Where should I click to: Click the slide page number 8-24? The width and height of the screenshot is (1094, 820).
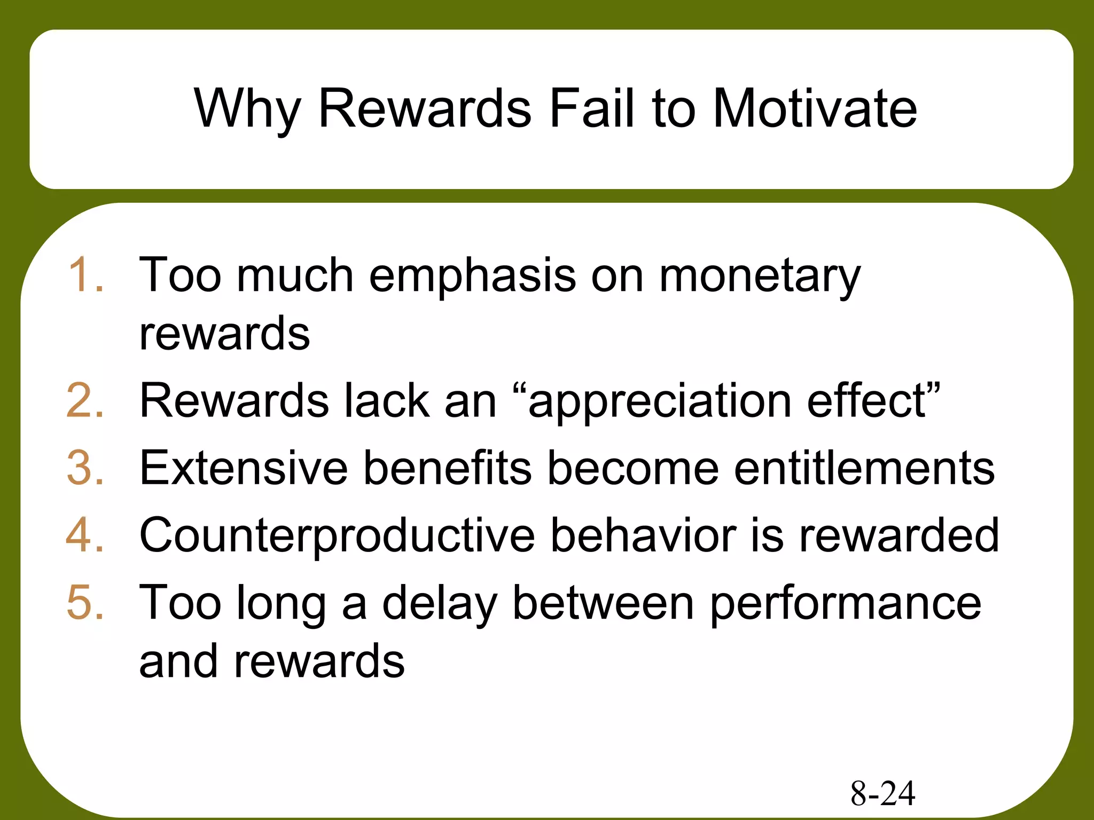882,793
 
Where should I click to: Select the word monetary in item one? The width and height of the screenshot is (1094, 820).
760,277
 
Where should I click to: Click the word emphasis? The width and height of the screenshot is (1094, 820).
472,277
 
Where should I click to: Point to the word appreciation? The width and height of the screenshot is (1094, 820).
660,402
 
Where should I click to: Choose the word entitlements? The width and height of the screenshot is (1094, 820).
864,468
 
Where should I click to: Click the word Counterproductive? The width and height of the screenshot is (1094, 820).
337,536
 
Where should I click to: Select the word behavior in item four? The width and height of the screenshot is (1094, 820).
643,535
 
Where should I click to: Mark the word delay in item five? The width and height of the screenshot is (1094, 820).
440,603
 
